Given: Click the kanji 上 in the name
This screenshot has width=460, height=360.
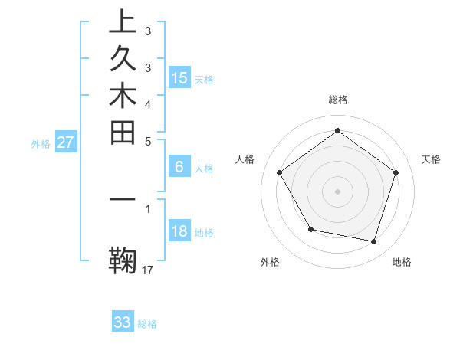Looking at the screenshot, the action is [x=123, y=23].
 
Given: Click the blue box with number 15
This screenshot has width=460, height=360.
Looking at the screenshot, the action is [x=179, y=77].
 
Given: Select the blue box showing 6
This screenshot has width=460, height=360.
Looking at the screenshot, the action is [x=179, y=166].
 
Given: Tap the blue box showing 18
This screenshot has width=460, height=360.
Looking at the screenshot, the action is [x=179, y=232].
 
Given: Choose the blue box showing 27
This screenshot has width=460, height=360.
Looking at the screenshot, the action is [x=66, y=142].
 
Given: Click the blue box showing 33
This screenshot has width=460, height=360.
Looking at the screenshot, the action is [x=123, y=322].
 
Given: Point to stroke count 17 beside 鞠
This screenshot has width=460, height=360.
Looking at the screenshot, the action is [x=148, y=270].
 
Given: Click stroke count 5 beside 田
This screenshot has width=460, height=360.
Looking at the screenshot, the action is [x=148, y=141].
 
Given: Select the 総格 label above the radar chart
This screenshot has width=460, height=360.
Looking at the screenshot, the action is [x=338, y=100].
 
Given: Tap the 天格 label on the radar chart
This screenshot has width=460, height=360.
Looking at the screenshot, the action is [x=431, y=159].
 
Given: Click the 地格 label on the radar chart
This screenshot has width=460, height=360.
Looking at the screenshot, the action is [x=402, y=262].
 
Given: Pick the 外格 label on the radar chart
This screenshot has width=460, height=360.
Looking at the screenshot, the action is [x=270, y=262].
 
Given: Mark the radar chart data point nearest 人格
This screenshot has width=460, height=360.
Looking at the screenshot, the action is [x=280, y=172].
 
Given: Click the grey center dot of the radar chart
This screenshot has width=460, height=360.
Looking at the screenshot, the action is [x=338, y=191].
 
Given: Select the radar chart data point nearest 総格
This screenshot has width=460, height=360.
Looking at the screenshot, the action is [x=338, y=131].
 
